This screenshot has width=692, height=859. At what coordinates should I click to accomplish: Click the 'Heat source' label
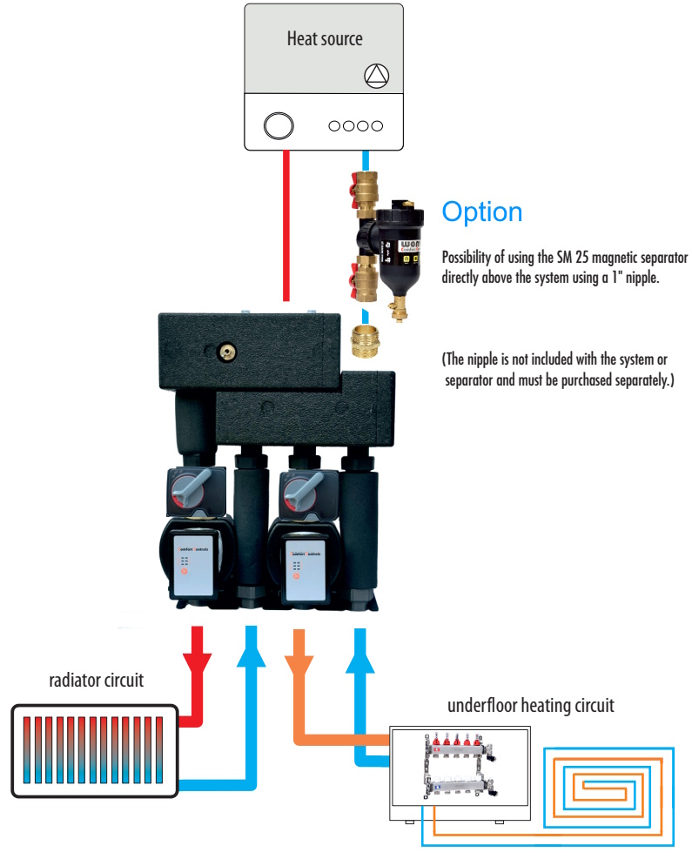(x=325, y=38)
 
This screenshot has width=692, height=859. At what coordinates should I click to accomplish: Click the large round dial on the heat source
(x=279, y=125)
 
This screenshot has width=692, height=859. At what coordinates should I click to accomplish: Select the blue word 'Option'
(x=482, y=212)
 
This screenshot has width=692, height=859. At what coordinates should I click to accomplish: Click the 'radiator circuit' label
(x=96, y=681)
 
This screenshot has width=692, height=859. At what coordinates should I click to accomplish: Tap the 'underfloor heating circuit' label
(x=530, y=705)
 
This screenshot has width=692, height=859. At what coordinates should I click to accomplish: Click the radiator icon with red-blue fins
(x=94, y=750)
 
